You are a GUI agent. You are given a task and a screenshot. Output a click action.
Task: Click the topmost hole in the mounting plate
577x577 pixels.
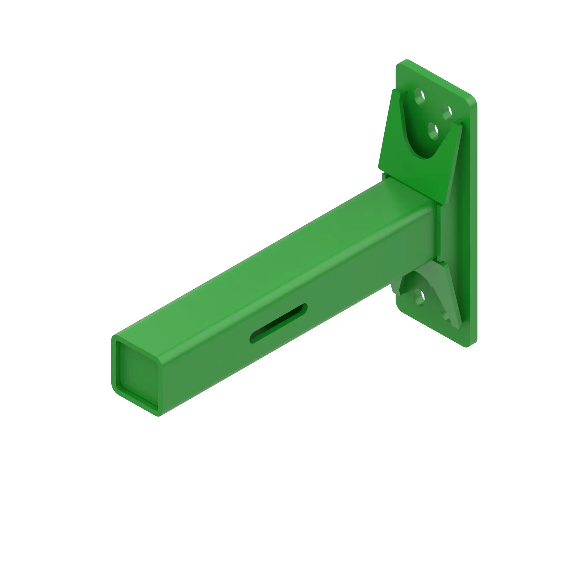coord(419,96)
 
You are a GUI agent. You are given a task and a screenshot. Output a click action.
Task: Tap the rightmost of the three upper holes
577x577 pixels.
coord(447,111)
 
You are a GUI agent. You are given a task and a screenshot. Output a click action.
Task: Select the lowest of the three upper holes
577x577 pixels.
coord(433,131)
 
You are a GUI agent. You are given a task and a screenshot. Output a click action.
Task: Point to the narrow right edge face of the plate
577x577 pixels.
coord(473,224)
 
